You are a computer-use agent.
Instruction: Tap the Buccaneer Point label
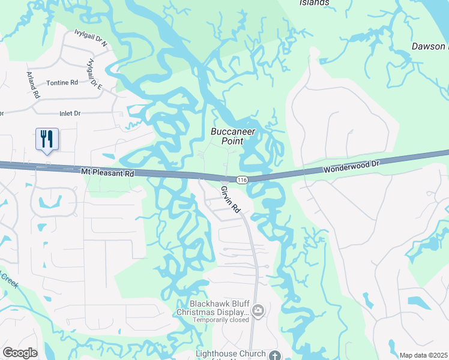coord(233,136)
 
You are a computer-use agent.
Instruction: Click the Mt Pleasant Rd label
coord(108,172)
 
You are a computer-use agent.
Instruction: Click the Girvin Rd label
coord(231,200)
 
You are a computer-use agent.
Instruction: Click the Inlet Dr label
coord(70,113)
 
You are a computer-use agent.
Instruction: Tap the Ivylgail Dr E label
coord(95,74)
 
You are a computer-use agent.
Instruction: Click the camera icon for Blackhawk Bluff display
coord(258,310)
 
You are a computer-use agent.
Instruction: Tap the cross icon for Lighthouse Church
coord(274,355)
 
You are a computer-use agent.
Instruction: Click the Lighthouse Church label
coord(230,355)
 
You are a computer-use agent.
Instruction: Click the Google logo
coord(20,353)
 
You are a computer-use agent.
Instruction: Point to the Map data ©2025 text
coord(423,355)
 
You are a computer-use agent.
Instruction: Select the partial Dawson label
coord(429,46)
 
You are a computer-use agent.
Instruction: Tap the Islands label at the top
coord(314,2)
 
